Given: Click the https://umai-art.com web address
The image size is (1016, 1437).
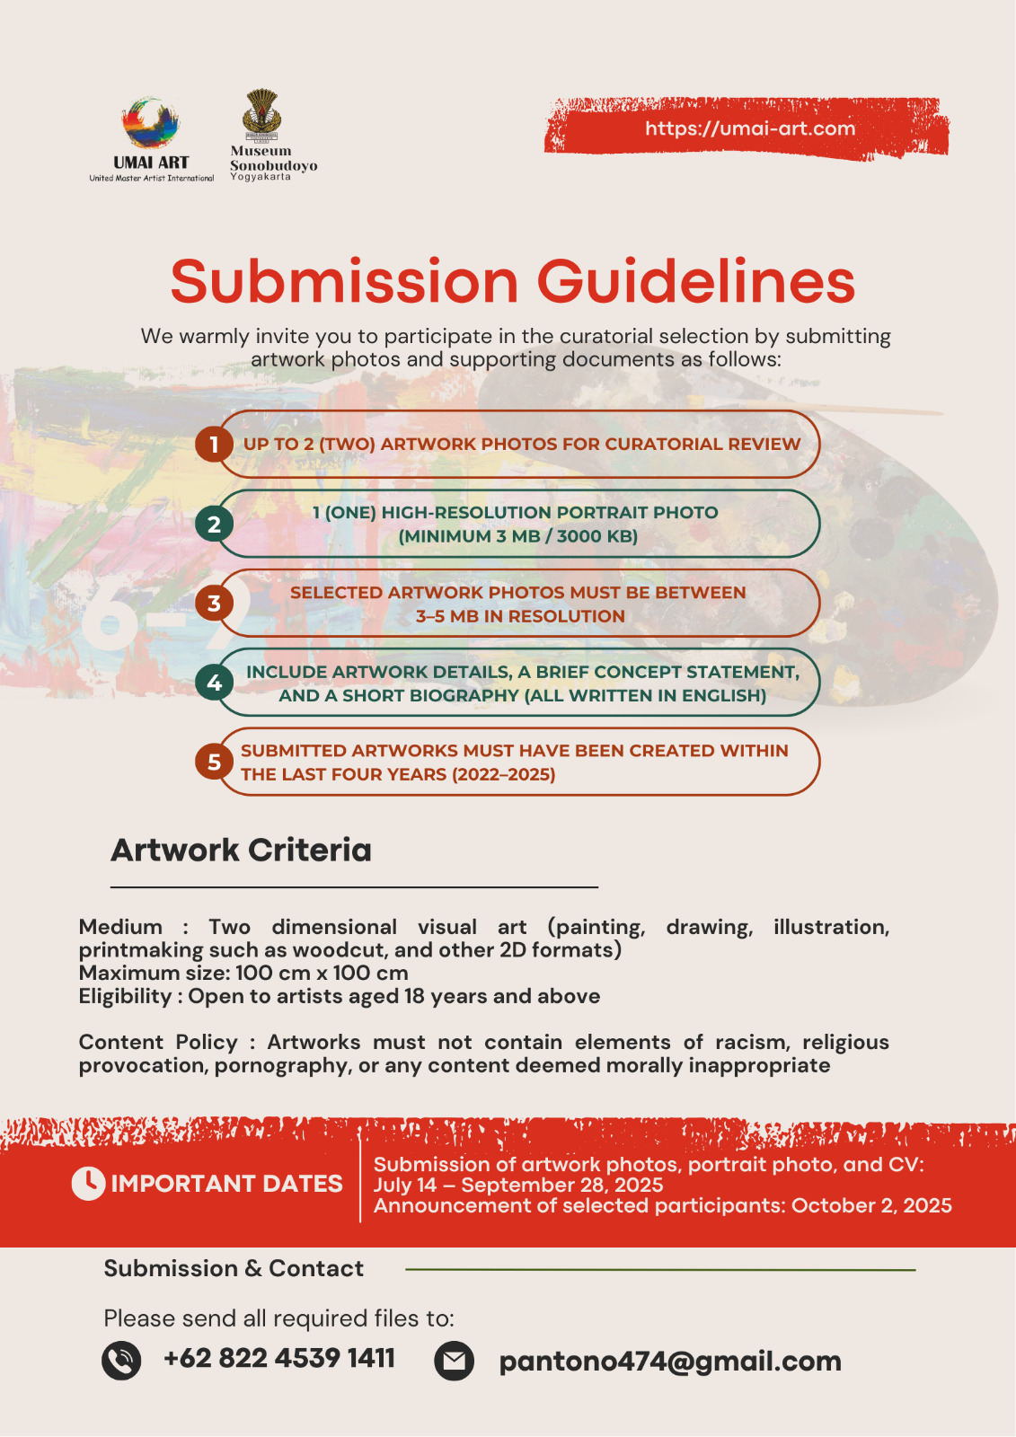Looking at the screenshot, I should (750, 128).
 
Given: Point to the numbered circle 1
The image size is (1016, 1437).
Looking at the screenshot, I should (214, 445).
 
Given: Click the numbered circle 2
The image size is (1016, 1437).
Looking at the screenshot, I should (214, 525).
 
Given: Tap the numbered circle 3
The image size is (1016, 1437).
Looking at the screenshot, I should (214, 604).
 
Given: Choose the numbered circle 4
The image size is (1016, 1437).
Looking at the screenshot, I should (214, 683).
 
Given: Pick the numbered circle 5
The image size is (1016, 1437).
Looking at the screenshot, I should (214, 763).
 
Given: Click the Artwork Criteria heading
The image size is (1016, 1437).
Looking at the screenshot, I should (241, 850).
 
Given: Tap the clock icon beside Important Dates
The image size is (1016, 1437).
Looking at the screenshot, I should (88, 1184).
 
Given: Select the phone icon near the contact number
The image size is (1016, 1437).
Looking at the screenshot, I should (121, 1361).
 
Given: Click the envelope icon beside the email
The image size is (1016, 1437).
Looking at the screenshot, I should (455, 1361).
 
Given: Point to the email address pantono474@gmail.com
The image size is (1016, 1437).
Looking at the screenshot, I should (670, 1362).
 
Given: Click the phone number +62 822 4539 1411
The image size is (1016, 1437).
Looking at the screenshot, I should (278, 1358).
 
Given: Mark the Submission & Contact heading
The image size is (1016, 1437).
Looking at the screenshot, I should (234, 1268).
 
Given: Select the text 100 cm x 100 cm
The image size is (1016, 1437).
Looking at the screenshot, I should (322, 973).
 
